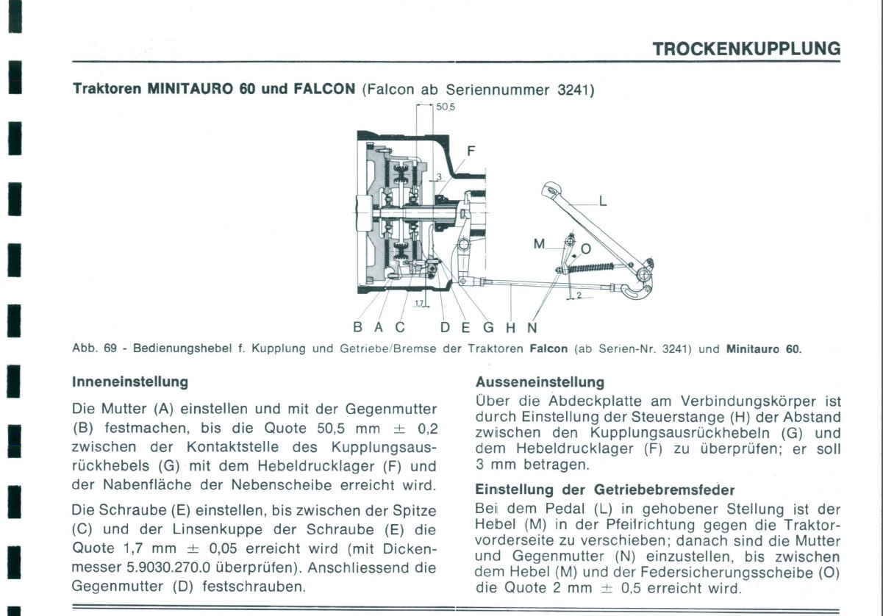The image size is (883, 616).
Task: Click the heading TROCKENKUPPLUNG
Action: coord(746,49)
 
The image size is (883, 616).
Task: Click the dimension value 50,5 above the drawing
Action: coord(444,107)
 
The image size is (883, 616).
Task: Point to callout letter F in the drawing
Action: coord(471,151)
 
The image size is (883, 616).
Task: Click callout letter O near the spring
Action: coord(586,249)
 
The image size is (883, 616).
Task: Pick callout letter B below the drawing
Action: coord(358,327)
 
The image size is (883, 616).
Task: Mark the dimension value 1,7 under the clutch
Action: coord(418,303)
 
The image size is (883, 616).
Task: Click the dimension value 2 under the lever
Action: coord(579,295)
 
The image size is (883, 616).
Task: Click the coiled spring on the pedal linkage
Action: coord(590,268)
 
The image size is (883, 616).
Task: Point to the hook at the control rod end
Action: coord(637,290)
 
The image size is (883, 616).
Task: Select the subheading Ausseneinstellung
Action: coord(540,382)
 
